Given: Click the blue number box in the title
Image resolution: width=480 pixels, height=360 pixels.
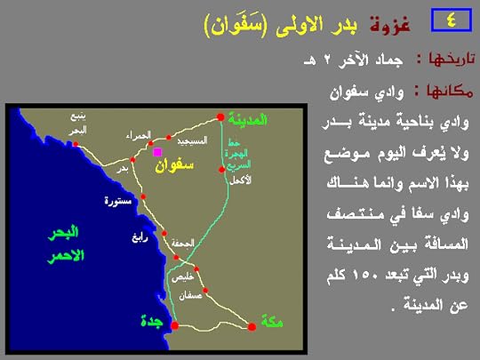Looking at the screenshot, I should click(448, 20).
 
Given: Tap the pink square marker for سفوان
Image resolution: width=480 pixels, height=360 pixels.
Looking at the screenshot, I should click(157, 152).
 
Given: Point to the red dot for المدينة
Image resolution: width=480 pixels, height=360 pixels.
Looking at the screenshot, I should click(220, 116).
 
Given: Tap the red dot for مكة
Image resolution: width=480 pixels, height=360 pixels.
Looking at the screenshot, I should click(251, 327).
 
